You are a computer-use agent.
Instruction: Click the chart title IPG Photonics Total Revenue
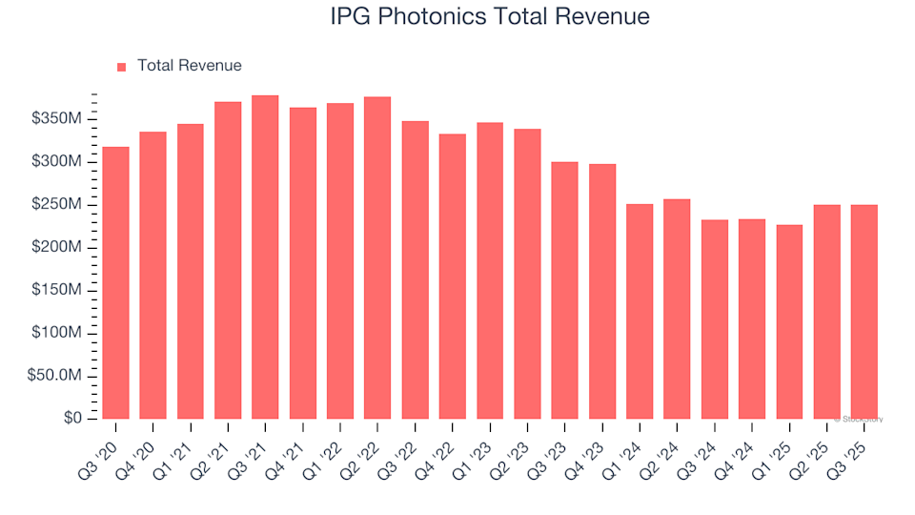(490, 16)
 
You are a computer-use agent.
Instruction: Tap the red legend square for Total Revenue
(121, 67)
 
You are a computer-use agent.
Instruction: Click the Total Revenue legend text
(189, 66)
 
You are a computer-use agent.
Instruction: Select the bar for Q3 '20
(115, 283)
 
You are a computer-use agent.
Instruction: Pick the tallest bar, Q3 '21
(265, 257)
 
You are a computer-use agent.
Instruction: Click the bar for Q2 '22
(377, 258)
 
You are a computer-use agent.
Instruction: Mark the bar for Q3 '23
(564, 291)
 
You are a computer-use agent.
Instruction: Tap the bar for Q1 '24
(640, 312)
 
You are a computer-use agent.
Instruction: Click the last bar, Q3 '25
(864, 312)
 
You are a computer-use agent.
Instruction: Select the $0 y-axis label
(74, 419)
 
